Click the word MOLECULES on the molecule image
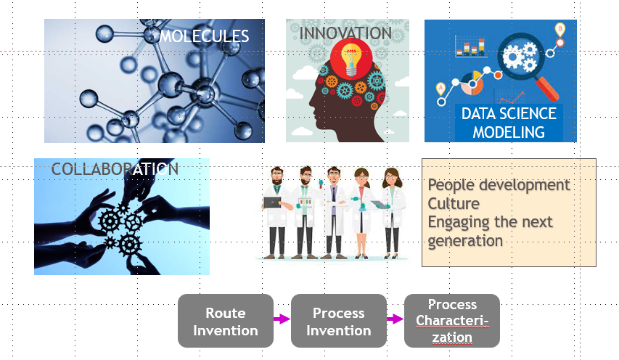coord(204,36)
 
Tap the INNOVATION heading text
coord(345,33)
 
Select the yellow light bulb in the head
coord(351,60)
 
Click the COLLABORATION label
coord(115,169)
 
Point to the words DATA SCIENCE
coord(509,114)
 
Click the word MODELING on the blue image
coord(509,132)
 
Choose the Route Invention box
coord(226,321)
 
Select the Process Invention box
coord(339,321)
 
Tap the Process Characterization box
coord(452,321)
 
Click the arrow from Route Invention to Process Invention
coord(282,319)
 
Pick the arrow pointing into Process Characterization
coord(395,319)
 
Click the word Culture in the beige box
coord(454,204)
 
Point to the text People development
coord(499,185)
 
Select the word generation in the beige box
coord(465,241)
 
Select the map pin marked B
coord(559,30)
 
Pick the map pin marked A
coord(440,89)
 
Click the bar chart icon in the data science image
coord(470,46)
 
